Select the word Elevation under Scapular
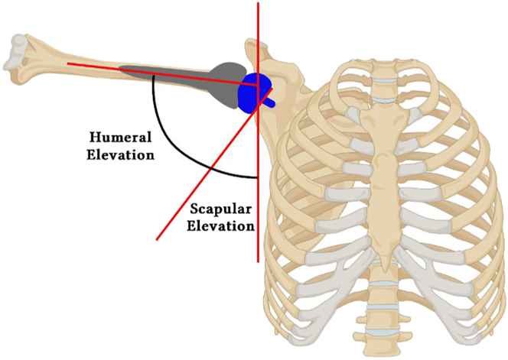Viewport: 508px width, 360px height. coord(223,225)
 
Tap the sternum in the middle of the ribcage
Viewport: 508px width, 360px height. coord(383,168)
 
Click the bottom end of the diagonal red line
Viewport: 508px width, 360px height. coord(158,239)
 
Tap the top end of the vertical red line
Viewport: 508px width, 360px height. coord(258,4)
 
